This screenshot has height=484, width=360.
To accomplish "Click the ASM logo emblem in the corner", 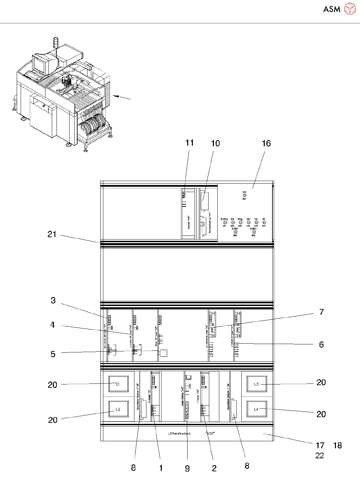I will [350, 9].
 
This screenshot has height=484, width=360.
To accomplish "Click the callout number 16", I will [266, 143].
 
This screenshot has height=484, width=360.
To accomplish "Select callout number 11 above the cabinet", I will [190, 143].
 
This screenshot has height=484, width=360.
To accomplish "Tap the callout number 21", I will [52, 234].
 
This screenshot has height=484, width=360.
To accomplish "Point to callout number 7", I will [322, 312].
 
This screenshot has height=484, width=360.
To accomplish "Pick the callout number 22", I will [320, 456].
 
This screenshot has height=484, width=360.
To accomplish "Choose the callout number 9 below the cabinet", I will [187, 468].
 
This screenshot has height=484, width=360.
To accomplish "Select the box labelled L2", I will [118, 409].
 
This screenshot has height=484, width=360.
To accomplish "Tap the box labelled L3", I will [256, 384].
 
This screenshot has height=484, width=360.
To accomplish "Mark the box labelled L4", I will [256, 409].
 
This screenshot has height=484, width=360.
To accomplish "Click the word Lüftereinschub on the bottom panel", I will [179, 434].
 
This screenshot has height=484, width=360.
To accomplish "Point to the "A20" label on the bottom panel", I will [210, 434].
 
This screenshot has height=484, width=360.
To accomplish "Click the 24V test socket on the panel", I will [248, 222].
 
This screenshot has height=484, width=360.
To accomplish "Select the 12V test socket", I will [256, 222].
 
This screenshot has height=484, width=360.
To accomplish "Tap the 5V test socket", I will [264, 222].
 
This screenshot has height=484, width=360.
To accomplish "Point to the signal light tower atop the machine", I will [56, 43].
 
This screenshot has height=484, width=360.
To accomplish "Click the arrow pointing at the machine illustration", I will [122, 98].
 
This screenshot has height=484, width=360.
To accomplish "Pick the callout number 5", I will [53, 354].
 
